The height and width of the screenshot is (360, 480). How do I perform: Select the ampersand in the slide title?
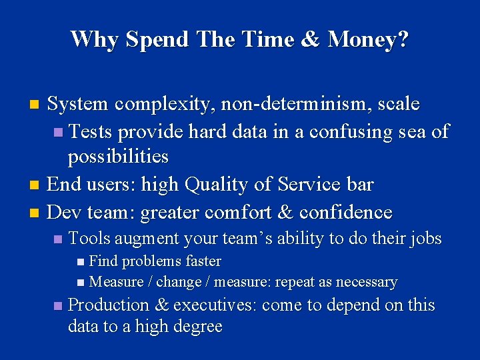pyautogui.click(x=311, y=39)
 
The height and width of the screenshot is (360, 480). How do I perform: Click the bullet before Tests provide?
pyautogui.click(x=59, y=132)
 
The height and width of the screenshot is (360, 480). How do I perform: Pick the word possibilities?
pyautogui.click(x=118, y=157)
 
